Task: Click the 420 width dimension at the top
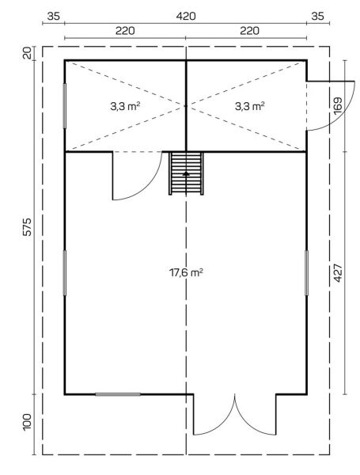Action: pos(186,16)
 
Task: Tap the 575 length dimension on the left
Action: pos(27,226)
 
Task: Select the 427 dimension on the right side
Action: pos(338,273)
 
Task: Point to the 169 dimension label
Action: pos(338,106)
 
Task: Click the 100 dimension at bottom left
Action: pos(27,421)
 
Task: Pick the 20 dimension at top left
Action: pos(27,53)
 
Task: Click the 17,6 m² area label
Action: pos(186,272)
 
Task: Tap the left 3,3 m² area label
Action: pos(125,106)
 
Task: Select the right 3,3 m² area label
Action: pos(250,106)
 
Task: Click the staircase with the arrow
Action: pos(186,173)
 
